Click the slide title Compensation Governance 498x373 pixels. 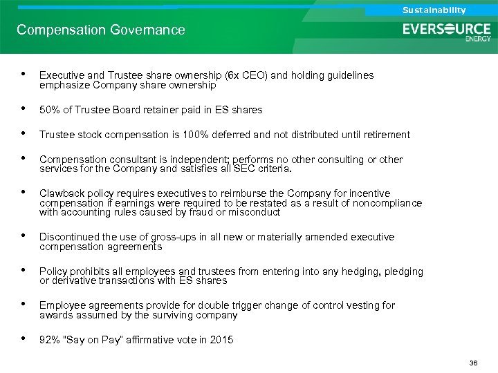pyautogui.click(x=101, y=30)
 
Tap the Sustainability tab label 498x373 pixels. pyautogui.click(x=434, y=10)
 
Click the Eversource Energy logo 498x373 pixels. pyautogui.click(x=447, y=32)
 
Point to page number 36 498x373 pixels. pyautogui.click(x=474, y=363)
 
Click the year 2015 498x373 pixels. pyautogui.click(x=221, y=340)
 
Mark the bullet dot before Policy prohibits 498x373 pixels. pyautogui.click(x=24, y=271)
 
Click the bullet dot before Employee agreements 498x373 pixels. pyautogui.click(x=24, y=305)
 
